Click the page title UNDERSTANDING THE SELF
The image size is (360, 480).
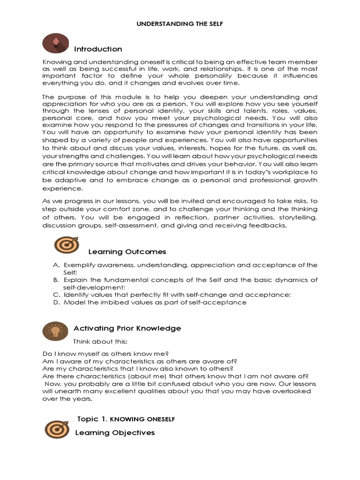(x=180, y=23)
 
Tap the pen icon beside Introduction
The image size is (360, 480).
(x=55, y=43)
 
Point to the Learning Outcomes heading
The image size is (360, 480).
(x=127, y=252)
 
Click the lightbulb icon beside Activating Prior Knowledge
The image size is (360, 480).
(x=55, y=331)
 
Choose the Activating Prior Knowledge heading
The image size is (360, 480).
(x=127, y=328)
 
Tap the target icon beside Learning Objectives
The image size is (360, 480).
(x=57, y=429)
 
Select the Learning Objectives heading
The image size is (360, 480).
(x=115, y=433)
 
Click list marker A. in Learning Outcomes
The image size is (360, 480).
(x=56, y=265)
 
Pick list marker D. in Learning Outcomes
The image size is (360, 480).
(x=56, y=302)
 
